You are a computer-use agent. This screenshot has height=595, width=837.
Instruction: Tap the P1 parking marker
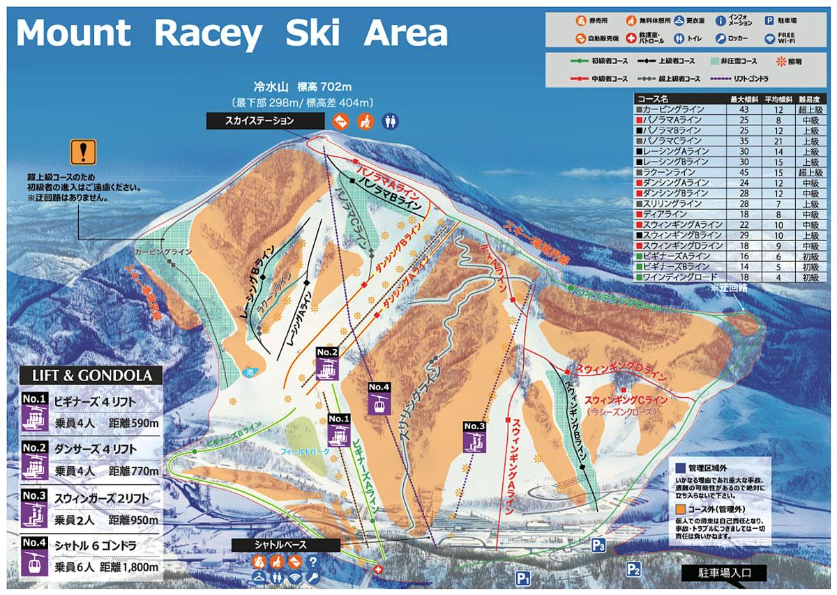click(x=524, y=577)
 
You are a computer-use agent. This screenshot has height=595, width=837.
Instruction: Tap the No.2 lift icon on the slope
click(x=327, y=363)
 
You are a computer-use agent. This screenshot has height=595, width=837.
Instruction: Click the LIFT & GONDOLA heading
click(x=91, y=376)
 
